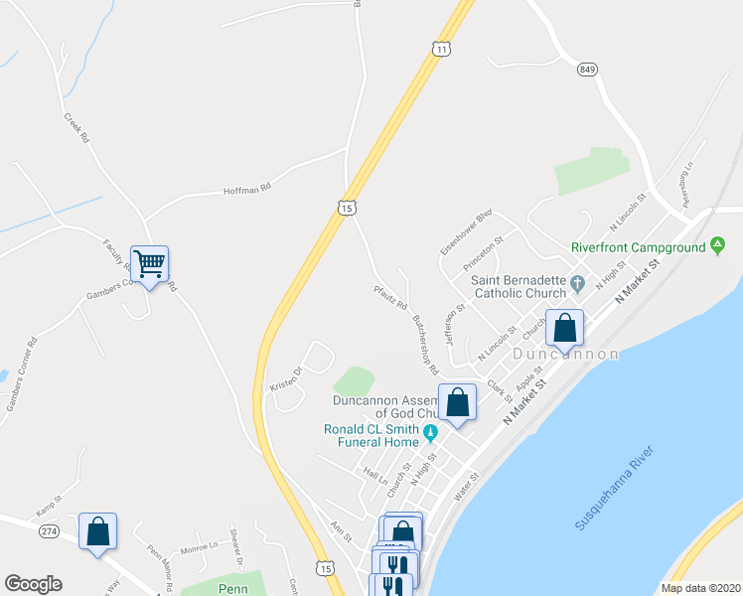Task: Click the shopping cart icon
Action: (149, 264)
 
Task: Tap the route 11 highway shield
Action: (442, 48)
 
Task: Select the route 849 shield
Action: (587, 70)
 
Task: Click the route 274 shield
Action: (49, 532)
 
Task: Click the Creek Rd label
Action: (76, 129)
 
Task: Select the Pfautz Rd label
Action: (390, 298)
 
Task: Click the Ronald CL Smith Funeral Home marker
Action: (431, 430)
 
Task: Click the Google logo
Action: (33, 584)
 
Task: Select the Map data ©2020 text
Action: (700, 588)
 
